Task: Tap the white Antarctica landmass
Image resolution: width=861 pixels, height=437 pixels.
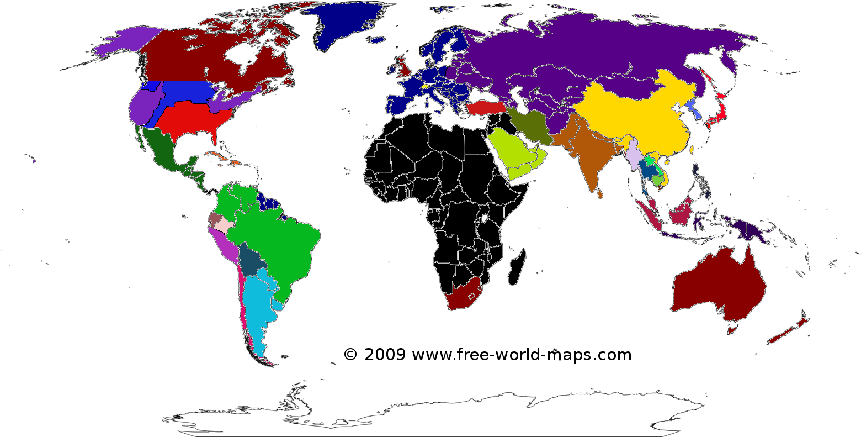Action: [x=442, y=414]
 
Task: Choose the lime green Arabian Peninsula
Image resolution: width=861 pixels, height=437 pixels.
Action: [x=513, y=155]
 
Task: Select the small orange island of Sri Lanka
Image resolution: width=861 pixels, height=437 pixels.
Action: [x=600, y=194]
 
